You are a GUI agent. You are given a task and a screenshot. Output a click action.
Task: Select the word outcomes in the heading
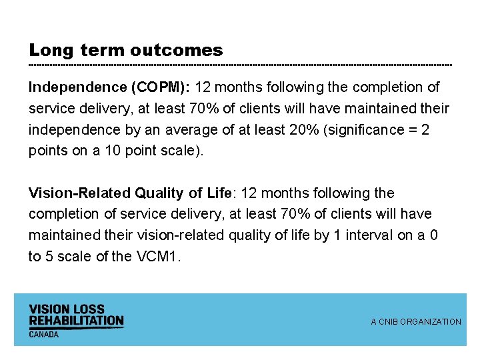tap(177, 51)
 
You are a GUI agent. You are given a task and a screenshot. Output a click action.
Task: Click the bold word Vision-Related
tap(80, 193)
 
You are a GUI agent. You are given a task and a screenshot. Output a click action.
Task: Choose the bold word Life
tap(219, 193)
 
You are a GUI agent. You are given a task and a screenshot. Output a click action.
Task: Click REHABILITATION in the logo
tap(76, 321)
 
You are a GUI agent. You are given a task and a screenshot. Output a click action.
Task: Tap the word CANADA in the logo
tap(43, 334)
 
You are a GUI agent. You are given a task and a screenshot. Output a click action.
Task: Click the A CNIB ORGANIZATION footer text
tap(416, 322)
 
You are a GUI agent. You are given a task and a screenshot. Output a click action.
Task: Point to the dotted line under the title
tap(240, 65)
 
